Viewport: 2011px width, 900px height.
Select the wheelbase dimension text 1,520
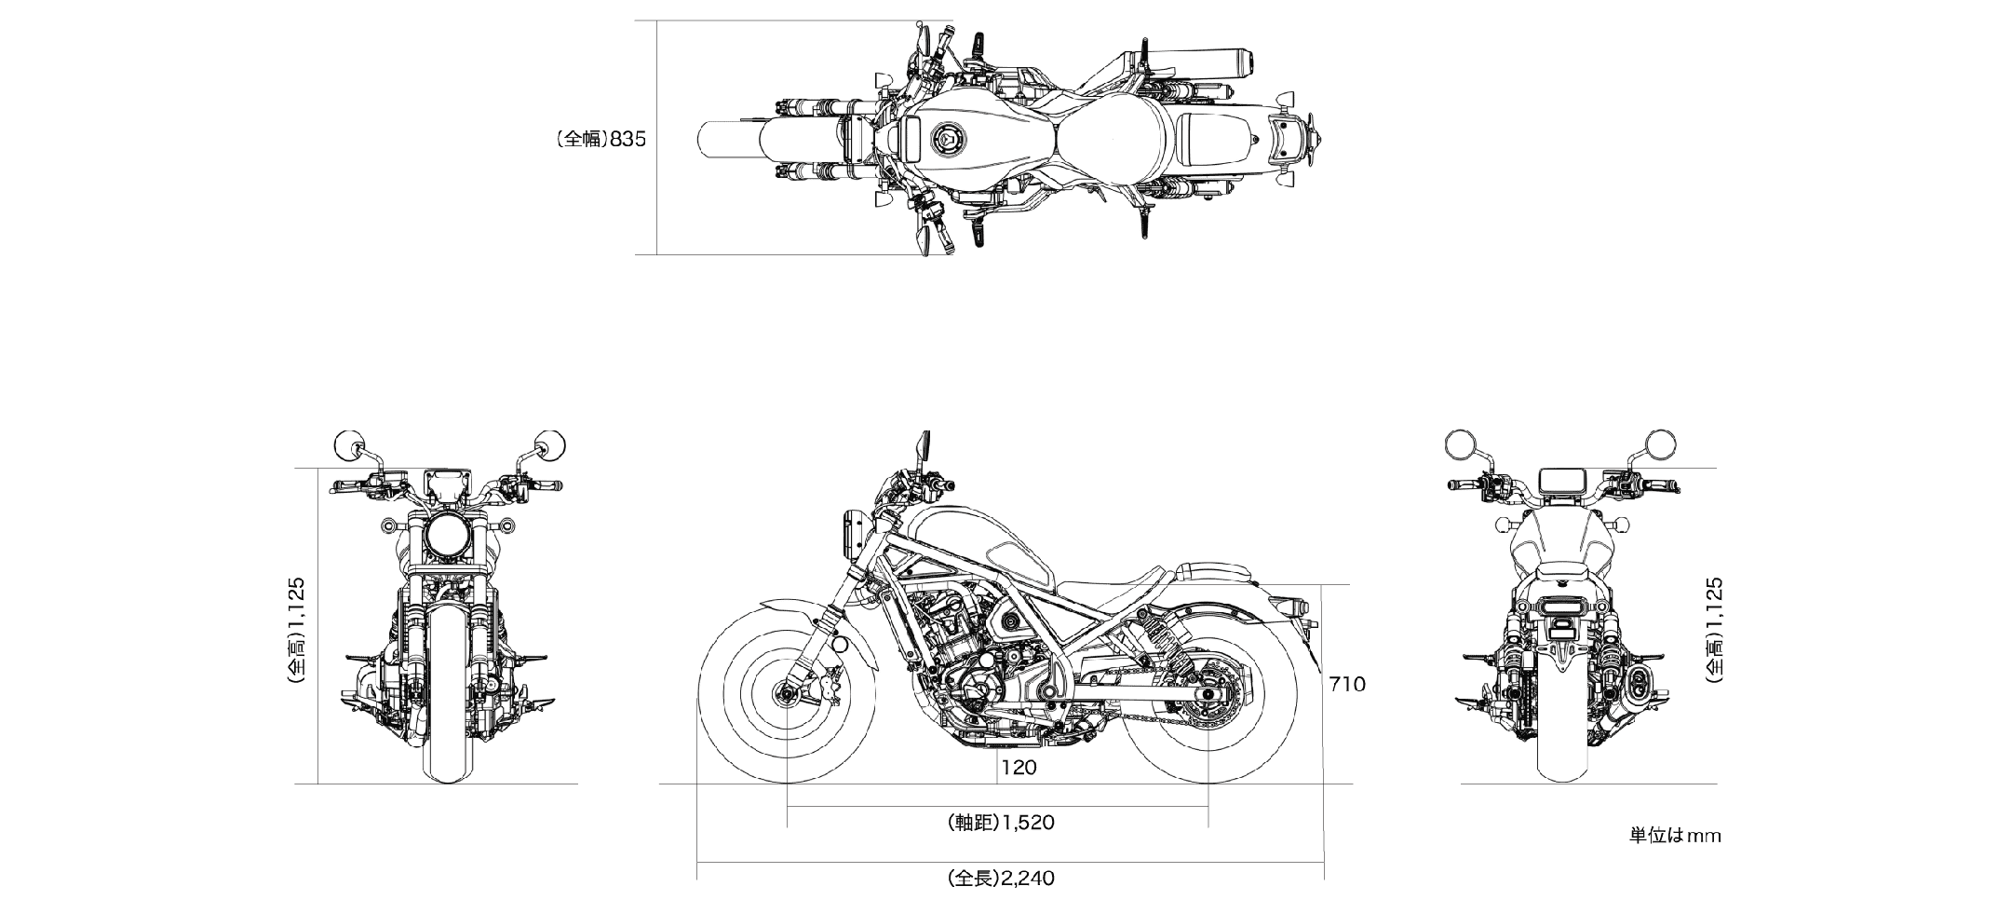[1002, 823]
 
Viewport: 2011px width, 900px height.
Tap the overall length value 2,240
[1002, 878]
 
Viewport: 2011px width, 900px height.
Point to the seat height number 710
[1347, 685]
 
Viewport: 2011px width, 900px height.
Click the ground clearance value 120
[1019, 769]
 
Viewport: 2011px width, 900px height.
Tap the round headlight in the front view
[445, 539]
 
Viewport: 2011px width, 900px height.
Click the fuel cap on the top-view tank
[944, 142]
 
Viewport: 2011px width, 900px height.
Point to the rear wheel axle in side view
[1208, 692]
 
